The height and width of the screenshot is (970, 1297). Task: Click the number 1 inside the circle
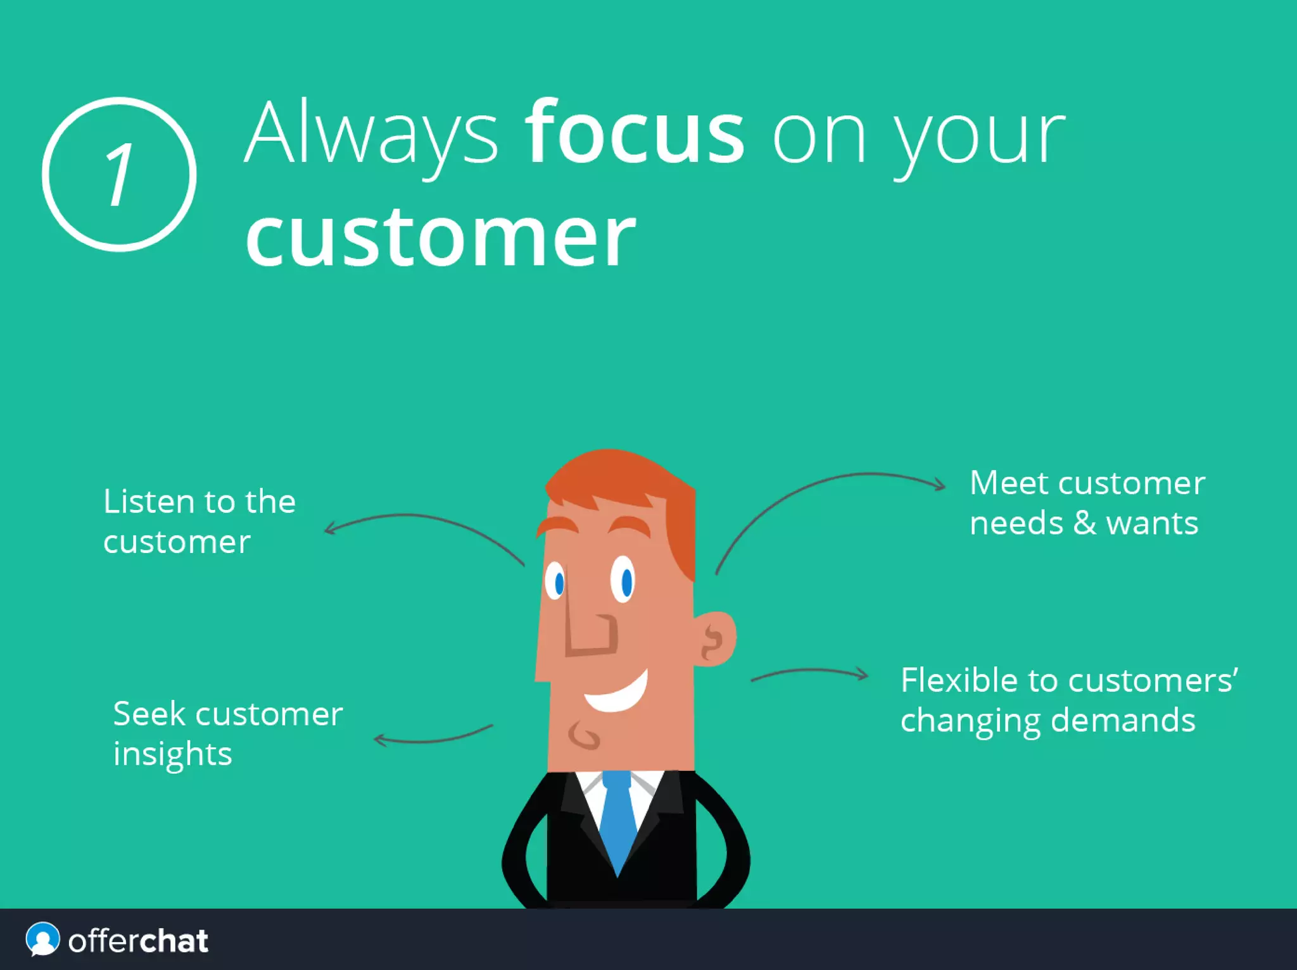[119, 174]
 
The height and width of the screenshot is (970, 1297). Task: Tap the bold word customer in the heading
[440, 237]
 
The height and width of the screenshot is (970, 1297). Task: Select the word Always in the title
[371, 134]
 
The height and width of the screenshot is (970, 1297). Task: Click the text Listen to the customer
[199, 521]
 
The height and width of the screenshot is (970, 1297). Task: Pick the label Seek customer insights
[227, 733]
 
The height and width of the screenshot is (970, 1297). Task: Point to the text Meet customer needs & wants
[1086, 502]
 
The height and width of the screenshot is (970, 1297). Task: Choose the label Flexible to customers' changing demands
[1068, 700]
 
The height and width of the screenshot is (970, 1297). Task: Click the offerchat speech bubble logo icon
[42, 939]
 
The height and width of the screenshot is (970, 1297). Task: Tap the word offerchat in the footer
[138, 941]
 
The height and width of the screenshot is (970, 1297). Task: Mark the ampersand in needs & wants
[1084, 523]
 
